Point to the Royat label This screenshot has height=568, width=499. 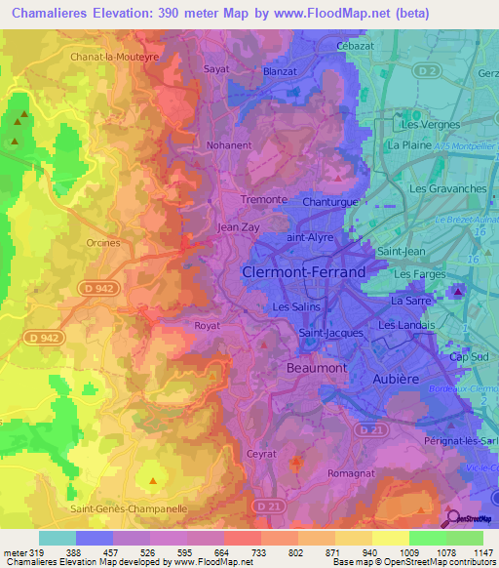(x=207, y=326)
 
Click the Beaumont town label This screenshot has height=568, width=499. (x=317, y=368)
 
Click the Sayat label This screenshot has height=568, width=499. (x=215, y=69)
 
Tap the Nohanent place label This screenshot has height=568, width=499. (x=229, y=145)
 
